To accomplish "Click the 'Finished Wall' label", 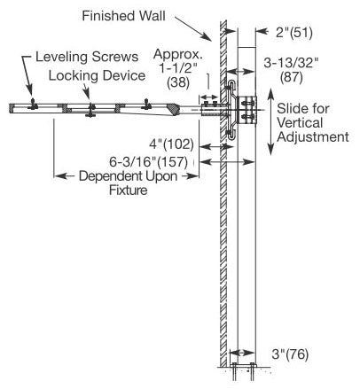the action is click(123, 16).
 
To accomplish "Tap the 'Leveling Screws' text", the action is click(87, 57).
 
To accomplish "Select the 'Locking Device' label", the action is click(97, 75).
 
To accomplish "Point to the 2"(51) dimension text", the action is click(294, 32).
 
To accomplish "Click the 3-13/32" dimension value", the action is click(291, 63).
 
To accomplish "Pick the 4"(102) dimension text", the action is click(171, 144).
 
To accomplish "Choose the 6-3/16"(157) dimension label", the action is click(148, 162).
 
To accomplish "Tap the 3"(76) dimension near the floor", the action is click(290, 354).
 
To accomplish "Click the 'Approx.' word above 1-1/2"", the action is click(178, 54).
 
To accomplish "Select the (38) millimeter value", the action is click(178, 82).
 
